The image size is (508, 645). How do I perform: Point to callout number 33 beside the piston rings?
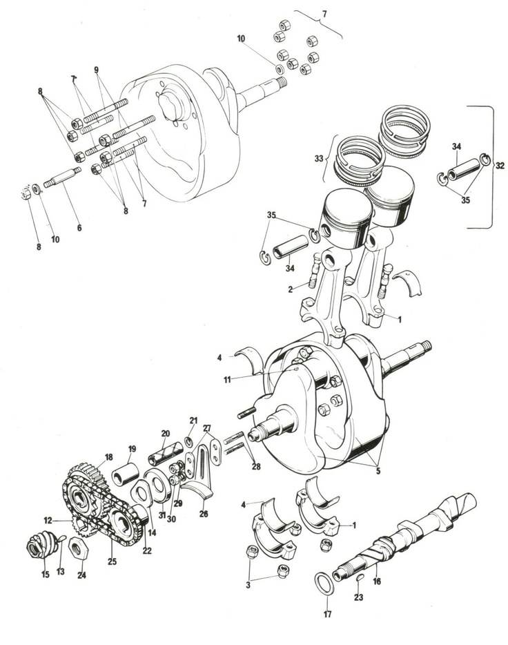(x=318, y=158)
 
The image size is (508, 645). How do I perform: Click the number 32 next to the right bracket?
(x=500, y=166)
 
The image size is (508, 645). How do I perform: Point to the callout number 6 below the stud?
(x=79, y=227)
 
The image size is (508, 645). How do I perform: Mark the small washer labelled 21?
(x=188, y=441)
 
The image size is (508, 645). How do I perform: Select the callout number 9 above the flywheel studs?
(x=97, y=70)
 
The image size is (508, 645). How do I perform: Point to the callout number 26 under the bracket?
(x=203, y=513)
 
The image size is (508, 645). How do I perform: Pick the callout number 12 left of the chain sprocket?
(x=48, y=520)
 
